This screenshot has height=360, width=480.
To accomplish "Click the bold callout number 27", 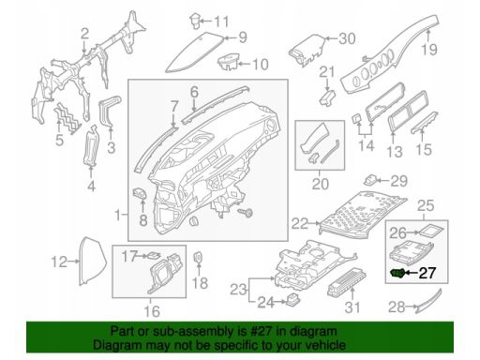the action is point(427,273).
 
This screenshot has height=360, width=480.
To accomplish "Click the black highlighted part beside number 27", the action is point(397,273).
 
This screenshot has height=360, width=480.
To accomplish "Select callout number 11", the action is point(221,22).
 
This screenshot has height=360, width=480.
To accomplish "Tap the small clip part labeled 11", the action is point(195,21).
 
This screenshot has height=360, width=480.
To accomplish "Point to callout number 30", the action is point(347,38).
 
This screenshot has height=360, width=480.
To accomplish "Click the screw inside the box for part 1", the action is point(246,213).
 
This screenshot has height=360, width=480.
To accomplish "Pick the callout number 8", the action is point(143,220).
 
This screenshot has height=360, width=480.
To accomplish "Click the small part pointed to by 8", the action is point(140,193).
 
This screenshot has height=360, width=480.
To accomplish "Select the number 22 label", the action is point(299,223).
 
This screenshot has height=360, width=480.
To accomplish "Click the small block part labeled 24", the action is point(292,299).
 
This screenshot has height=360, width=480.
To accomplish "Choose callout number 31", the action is point(352,307).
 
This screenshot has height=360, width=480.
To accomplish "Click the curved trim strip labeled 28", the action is point(429,301).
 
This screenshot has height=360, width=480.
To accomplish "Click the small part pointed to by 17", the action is point(154,255).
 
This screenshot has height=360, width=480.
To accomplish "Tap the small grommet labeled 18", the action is point(198,257).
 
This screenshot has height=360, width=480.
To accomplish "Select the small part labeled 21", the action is point(327,97).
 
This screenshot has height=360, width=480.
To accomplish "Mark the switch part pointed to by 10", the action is point(229,62).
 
